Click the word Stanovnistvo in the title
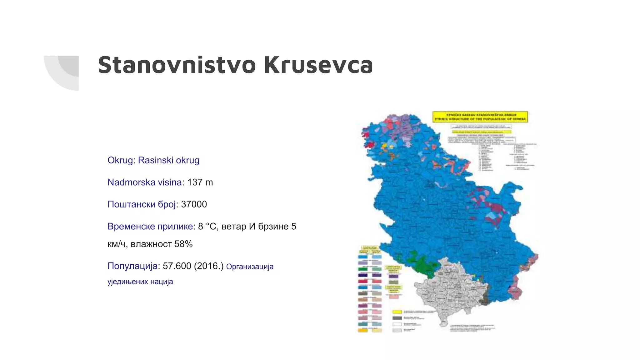177,65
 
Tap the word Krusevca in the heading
318,65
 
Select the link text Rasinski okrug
168,160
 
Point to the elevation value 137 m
200,182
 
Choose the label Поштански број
142,204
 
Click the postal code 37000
194,204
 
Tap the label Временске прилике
150,226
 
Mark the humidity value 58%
183,244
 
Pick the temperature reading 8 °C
207,226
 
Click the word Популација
132,266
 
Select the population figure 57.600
177,266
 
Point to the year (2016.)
209,266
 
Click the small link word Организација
250,267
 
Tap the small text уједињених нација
140,282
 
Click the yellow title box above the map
480,117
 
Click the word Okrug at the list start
120,160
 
